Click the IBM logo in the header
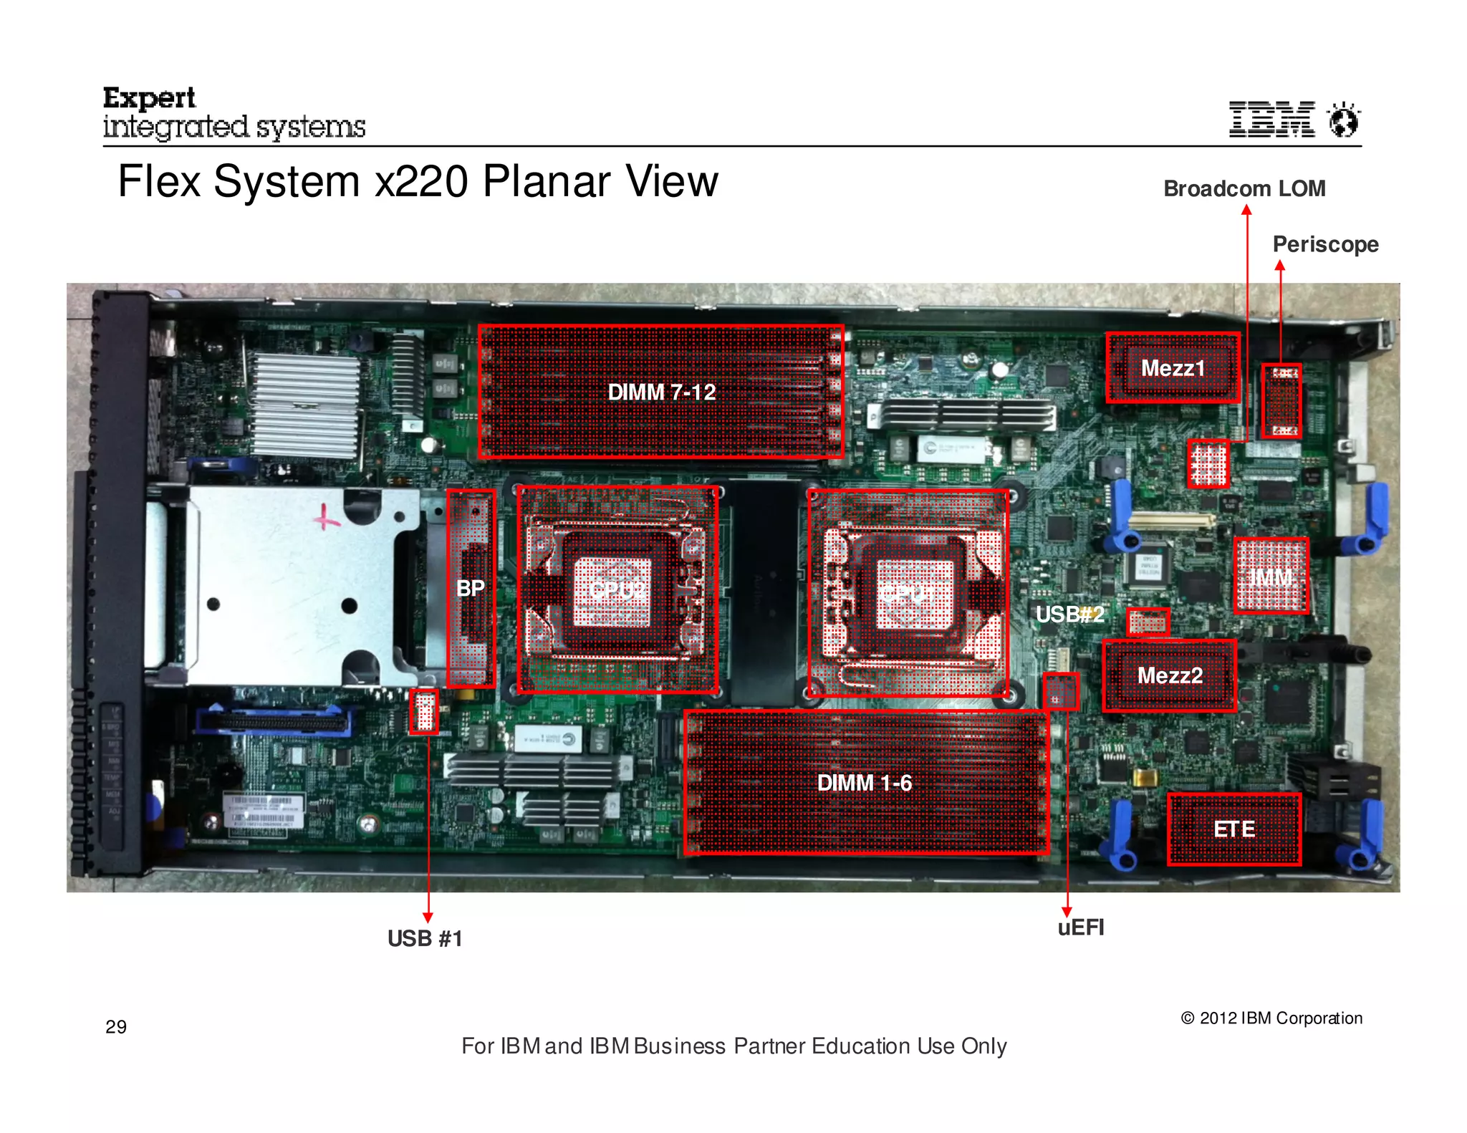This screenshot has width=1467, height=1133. pyautogui.click(x=1271, y=119)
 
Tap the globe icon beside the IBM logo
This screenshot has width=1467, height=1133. pyautogui.click(x=1343, y=119)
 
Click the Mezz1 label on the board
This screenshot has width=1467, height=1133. pyautogui.click(x=1173, y=368)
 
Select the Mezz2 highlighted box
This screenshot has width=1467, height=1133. pyautogui.click(x=1170, y=675)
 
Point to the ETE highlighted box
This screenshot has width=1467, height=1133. pyautogui.click(x=1233, y=829)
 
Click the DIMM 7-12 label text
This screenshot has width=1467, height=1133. pyautogui.click(x=661, y=392)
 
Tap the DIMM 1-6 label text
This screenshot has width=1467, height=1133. pyautogui.click(x=864, y=783)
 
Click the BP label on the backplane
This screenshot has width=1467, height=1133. pyautogui.click(x=470, y=588)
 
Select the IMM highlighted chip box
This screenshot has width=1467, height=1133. pyautogui.click(x=1271, y=576)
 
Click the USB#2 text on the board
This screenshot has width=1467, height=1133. pyautogui.click(x=1069, y=614)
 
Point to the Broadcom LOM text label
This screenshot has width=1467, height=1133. pyautogui.click(x=1244, y=188)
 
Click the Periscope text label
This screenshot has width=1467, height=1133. pyautogui.click(x=1325, y=244)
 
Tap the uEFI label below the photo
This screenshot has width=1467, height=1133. pyautogui.click(x=1080, y=927)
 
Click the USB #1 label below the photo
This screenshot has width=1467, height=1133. pyautogui.click(x=425, y=938)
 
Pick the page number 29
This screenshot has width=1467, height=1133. pyautogui.click(x=116, y=1027)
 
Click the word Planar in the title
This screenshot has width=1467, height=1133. pyautogui.click(x=547, y=181)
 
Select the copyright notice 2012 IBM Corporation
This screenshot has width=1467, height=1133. pyautogui.click(x=1271, y=1018)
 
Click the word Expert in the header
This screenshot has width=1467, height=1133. pyautogui.click(x=149, y=97)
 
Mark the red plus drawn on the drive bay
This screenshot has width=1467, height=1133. pyautogui.click(x=327, y=516)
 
